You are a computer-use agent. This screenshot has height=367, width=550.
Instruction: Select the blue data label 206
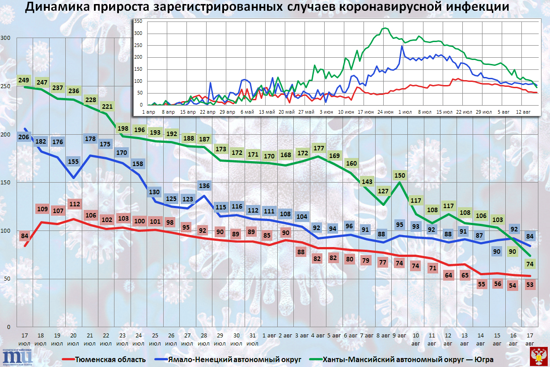25,137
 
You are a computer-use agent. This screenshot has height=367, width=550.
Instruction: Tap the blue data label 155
74,162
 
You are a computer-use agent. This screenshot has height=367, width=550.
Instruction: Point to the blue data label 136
204,186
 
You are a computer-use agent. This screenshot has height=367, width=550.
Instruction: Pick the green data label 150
399,175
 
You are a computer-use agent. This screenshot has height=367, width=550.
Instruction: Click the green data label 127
383,191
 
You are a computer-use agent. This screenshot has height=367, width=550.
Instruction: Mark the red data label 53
530,284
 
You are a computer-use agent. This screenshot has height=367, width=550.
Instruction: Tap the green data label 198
123,128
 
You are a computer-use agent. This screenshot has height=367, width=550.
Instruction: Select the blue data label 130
155,192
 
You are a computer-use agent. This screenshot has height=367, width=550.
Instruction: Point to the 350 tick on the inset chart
138,21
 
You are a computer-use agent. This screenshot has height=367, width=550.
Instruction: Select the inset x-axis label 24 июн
385,111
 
